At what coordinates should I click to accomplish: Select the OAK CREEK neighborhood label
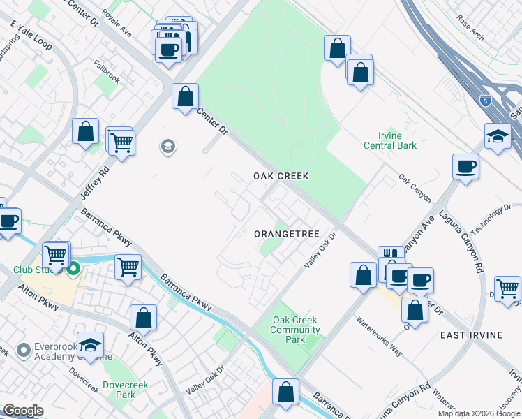click(x=280, y=176)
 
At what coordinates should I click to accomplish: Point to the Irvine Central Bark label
click(x=390, y=140)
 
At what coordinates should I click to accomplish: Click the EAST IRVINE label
click(x=471, y=335)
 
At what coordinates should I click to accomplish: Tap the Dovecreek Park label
click(x=119, y=390)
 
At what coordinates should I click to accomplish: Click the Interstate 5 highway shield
click(x=485, y=101)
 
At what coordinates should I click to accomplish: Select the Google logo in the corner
click(x=22, y=411)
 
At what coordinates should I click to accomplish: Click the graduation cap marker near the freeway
click(x=498, y=136)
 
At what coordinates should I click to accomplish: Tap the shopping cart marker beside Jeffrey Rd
click(x=121, y=142)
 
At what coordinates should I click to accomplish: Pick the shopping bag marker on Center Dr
click(x=186, y=97)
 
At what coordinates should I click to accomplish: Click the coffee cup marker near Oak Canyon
click(x=465, y=167)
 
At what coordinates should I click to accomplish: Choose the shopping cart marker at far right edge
click(x=507, y=288)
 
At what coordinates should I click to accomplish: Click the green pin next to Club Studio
click(x=73, y=267)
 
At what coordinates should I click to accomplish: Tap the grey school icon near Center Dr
click(x=167, y=147)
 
